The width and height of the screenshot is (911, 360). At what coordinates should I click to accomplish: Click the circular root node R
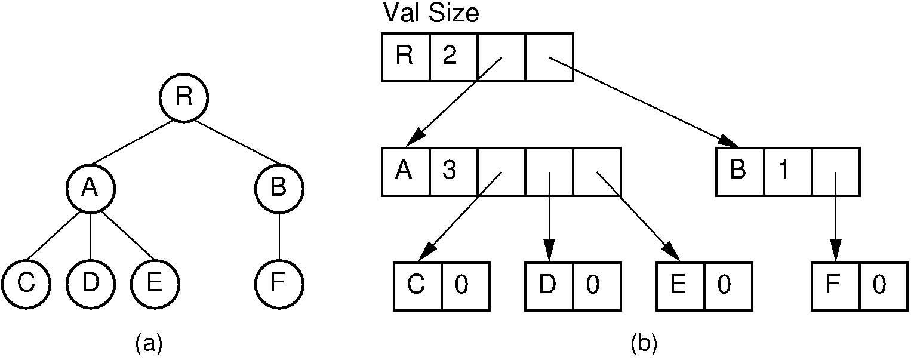click(x=183, y=97)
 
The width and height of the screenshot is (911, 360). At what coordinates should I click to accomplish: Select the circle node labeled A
click(x=90, y=188)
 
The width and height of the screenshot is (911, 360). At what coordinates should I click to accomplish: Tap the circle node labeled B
click(x=279, y=188)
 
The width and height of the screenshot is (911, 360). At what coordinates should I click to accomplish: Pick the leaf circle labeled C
click(x=26, y=282)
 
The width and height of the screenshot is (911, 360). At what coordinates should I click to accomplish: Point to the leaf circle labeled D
click(x=90, y=282)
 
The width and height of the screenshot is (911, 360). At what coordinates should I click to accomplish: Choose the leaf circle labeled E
click(x=155, y=282)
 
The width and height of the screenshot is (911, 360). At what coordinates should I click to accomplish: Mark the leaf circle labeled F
click(x=279, y=282)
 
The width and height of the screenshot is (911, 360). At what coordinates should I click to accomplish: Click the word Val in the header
click(x=402, y=13)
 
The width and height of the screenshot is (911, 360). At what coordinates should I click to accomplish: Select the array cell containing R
click(x=405, y=57)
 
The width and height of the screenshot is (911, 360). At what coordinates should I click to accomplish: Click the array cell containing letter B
click(x=740, y=172)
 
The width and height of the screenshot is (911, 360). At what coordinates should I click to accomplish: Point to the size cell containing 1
click(x=787, y=172)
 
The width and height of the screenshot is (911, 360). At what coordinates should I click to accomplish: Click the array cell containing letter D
click(x=549, y=287)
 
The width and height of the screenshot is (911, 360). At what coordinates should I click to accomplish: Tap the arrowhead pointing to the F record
click(x=836, y=250)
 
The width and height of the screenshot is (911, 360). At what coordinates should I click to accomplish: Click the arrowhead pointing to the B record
click(x=730, y=142)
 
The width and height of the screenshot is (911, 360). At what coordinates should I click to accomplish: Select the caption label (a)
click(x=149, y=343)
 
